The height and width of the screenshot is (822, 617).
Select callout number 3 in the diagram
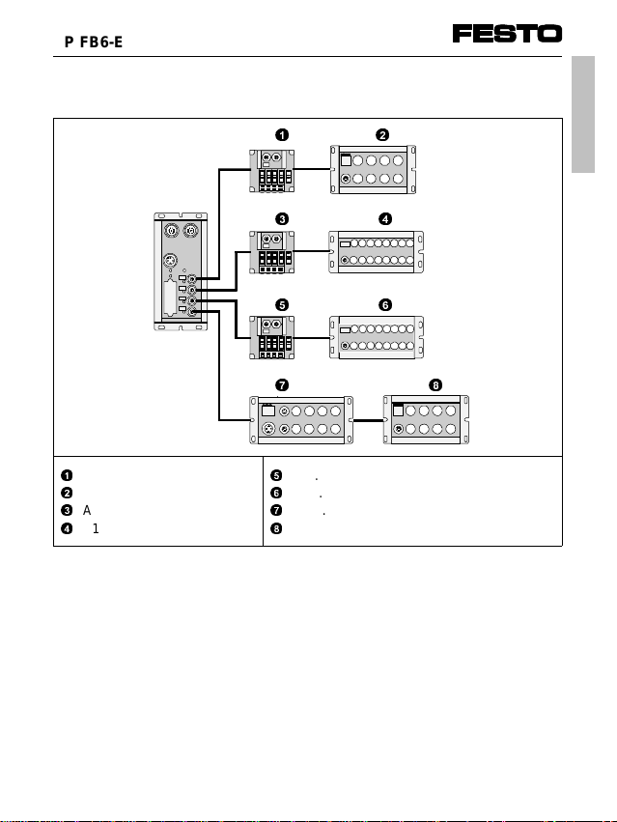281,218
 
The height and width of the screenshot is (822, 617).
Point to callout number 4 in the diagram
384,218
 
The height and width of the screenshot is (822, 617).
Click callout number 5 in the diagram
281,303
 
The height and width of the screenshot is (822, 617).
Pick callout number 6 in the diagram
384,303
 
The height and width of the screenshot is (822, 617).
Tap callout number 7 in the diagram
282,384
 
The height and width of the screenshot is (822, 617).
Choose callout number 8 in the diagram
435,384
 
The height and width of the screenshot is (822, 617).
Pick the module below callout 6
378,337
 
